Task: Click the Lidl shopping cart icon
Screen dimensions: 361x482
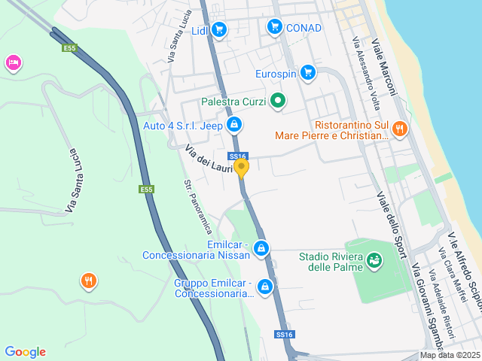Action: point(219,30)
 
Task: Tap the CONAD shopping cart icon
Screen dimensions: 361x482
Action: point(275,27)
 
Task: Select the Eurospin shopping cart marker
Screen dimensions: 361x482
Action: point(307,72)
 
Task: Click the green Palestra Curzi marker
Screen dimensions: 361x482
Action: point(278,100)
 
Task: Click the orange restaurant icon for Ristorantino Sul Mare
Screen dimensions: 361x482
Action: point(400,128)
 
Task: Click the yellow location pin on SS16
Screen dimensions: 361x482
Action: point(242,167)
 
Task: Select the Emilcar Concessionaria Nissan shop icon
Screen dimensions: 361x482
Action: point(261,247)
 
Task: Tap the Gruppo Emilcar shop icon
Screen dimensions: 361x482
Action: point(265,287)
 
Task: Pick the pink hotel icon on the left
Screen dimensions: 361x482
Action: point(13,62)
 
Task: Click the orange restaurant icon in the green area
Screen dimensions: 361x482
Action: point(89,282)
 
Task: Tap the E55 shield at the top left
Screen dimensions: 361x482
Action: point(69,48)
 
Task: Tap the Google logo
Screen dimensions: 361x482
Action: point(25,352)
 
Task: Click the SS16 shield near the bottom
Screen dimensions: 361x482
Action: point(284,334)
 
